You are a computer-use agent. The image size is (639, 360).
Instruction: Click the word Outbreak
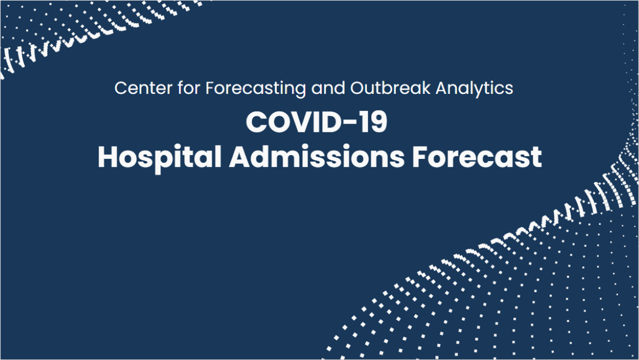click(390, 87)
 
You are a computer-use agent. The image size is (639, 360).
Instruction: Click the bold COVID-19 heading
click(317, 122)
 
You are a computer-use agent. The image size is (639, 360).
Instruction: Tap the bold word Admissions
click(317, 157)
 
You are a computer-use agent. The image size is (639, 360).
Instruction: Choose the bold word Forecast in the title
click(477, 157)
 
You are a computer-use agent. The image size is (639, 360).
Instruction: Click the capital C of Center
click(121, 88)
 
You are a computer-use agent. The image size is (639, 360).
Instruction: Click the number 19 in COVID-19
click(372, 122)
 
